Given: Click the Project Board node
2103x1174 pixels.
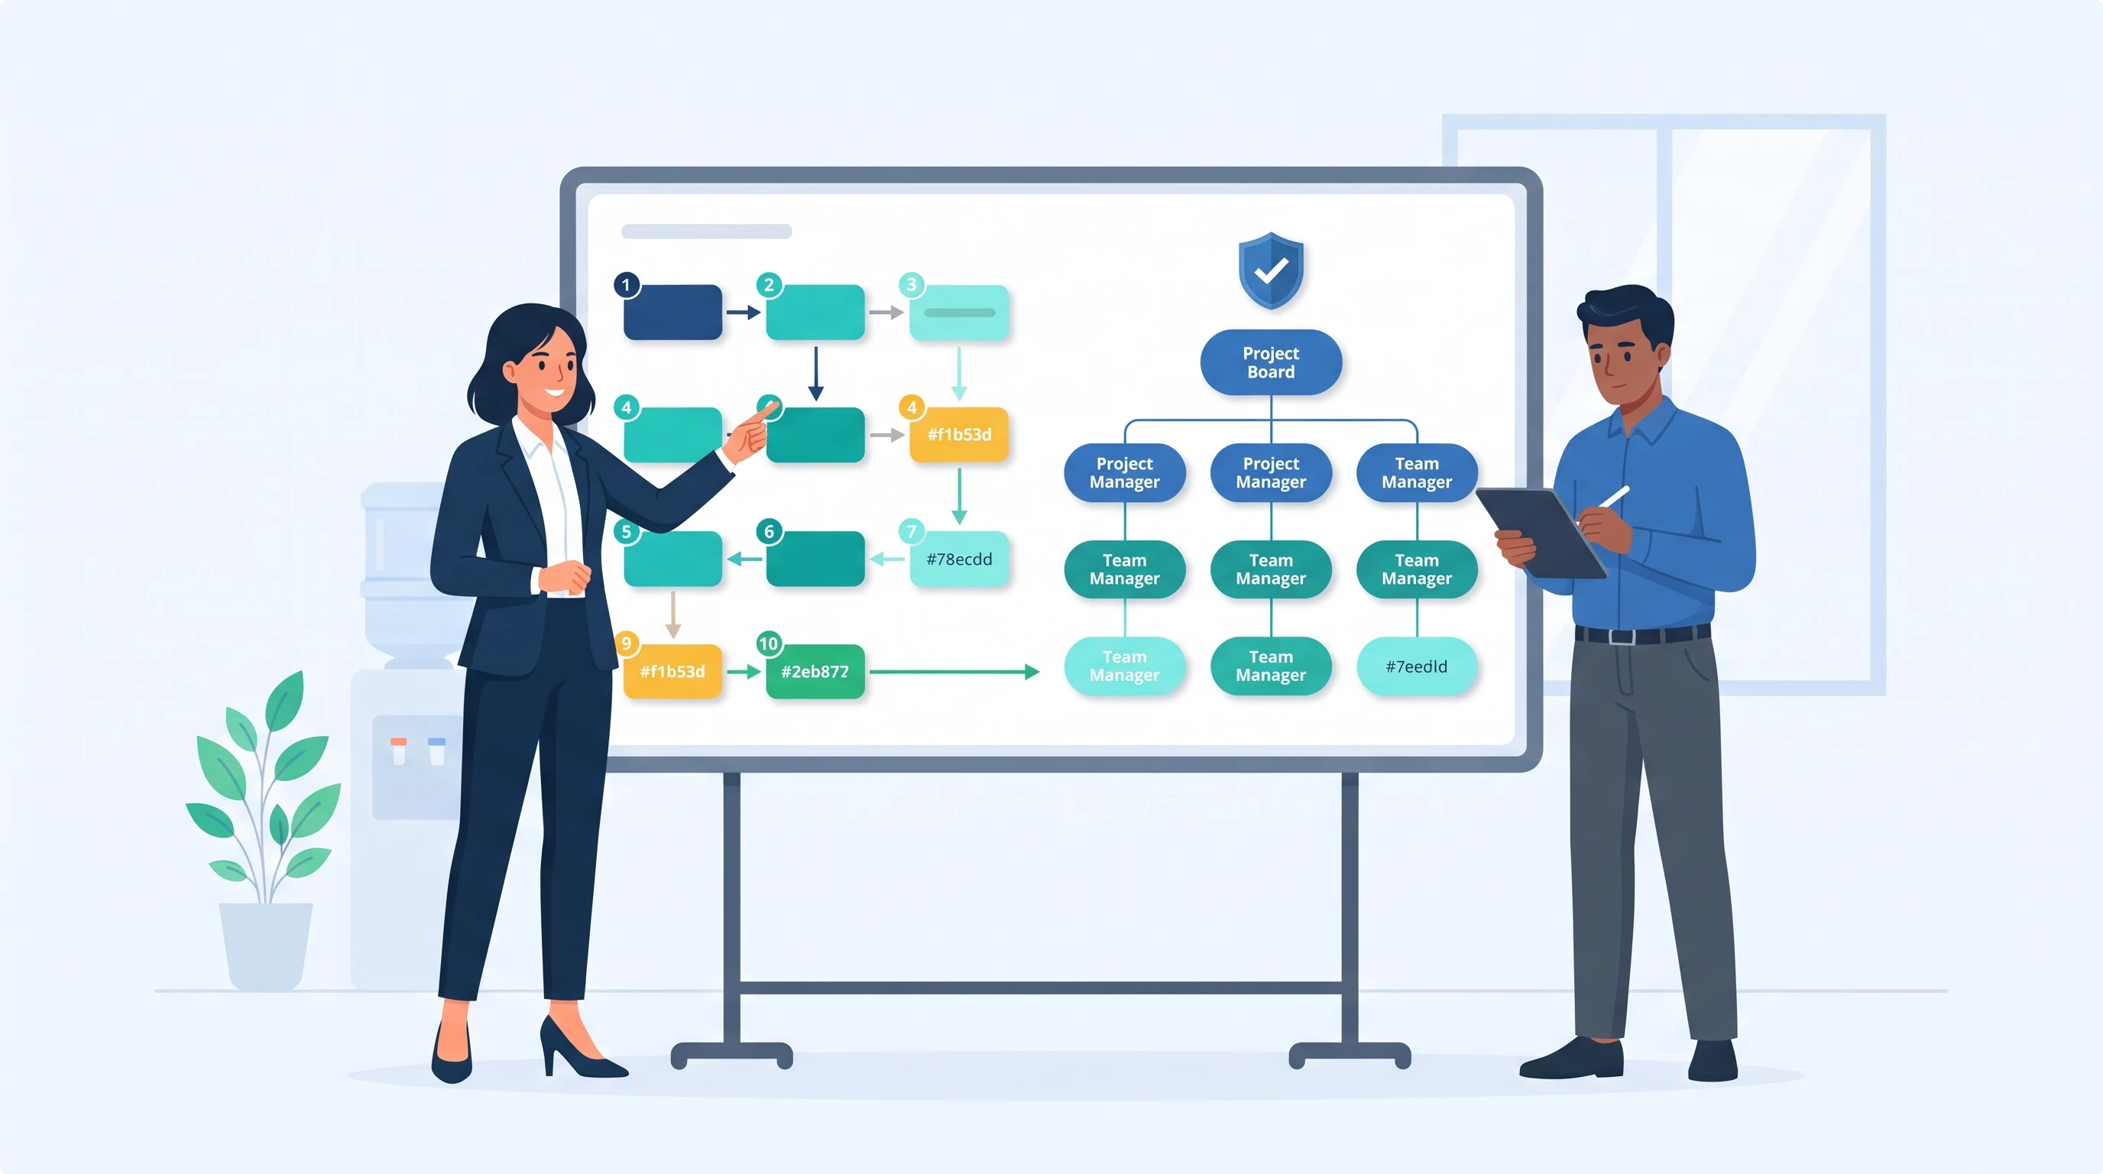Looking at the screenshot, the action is [1270, 362].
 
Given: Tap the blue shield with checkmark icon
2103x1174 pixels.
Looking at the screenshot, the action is [1270, 271].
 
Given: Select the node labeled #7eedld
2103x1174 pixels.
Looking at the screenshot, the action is [1417, 666].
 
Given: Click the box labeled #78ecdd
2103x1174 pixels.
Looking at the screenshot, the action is [959, 559].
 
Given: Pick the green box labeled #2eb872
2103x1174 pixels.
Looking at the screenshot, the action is [815, 671].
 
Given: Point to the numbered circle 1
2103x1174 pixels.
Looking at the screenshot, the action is [626, 285].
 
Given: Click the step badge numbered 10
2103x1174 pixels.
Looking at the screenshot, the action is [768, 644].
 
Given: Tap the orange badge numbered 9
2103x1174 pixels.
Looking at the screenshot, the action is [626, 644].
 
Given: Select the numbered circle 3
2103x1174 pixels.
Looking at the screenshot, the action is [911, 285].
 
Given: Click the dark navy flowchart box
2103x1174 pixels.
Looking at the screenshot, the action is [672, 312].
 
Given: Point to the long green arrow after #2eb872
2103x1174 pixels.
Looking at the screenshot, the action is [954, 672].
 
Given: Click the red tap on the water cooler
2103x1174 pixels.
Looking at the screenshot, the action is [398, 751].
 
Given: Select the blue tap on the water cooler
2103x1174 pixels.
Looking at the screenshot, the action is [437, 751].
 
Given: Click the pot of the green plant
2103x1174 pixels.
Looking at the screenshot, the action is [266, 945].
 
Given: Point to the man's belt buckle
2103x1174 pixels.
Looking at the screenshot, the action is [1622, 637].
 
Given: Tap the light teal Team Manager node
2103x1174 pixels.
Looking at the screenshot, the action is [1124, 666].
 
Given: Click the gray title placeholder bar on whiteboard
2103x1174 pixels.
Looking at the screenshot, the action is [706, 231].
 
